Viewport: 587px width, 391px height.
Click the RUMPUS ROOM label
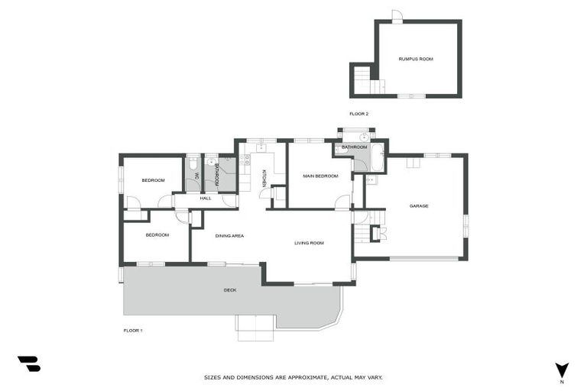[416, 59]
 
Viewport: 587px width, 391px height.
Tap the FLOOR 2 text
[358, 114]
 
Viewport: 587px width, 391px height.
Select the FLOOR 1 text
[133, 331]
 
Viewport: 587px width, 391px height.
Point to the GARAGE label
[418, 206]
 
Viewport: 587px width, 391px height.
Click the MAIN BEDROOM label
[320, 176]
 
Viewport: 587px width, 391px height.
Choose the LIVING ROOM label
[309, 243]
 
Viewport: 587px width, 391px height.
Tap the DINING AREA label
[229, 236]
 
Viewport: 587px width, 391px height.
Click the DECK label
[230, 290]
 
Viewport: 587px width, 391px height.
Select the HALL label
[205, 199]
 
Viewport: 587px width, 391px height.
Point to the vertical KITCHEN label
[264, 178]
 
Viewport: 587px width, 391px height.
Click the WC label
[196, 176]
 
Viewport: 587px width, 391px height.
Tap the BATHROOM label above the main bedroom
[354, 147]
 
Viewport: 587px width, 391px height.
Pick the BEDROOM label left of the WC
[153, 180]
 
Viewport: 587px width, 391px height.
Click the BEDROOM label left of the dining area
[157, 235]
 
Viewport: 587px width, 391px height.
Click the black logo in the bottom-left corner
[28, 364]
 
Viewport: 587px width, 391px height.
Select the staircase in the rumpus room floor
[365, 80]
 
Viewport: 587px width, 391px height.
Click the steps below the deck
[255, 328]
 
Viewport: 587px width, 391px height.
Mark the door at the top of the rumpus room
[396, 16]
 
